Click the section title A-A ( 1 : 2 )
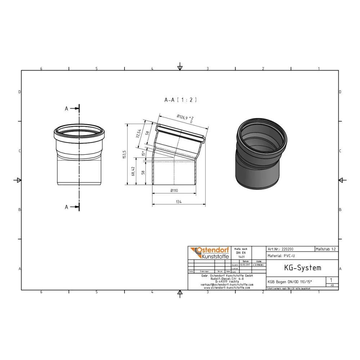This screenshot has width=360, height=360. click(180, 100)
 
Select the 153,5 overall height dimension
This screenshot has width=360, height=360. click(124, 155)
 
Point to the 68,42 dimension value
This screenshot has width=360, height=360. click(134, 171)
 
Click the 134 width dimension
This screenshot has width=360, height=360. click(179, 202)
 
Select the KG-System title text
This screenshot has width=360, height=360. click(297, 268)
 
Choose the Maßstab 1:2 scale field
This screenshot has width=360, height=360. click(326, 249)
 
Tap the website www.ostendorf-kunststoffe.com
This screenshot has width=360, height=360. click(227, 288)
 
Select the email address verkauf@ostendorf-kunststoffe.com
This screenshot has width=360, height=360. click(227, 284)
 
